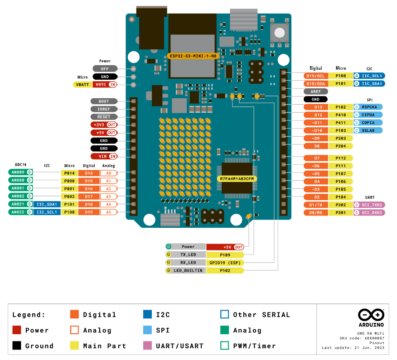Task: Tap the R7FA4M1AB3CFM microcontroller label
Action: [237, 179]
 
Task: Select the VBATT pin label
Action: [82, 85]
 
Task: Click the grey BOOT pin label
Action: [104, 101]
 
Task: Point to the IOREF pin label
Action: [104, 109]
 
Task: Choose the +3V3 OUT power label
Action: [104, 125]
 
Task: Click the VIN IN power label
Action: [104, 156]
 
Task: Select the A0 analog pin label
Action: [108, 173]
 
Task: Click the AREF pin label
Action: [316, 91]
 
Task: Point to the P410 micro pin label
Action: [341, 115]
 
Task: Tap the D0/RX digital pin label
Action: [316, 212]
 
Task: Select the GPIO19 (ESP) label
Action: [225, 263]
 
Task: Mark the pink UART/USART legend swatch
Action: [147, 346]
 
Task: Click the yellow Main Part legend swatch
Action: [75, 346]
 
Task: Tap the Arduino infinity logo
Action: [371, 314]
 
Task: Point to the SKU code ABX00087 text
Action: [362, 338]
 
